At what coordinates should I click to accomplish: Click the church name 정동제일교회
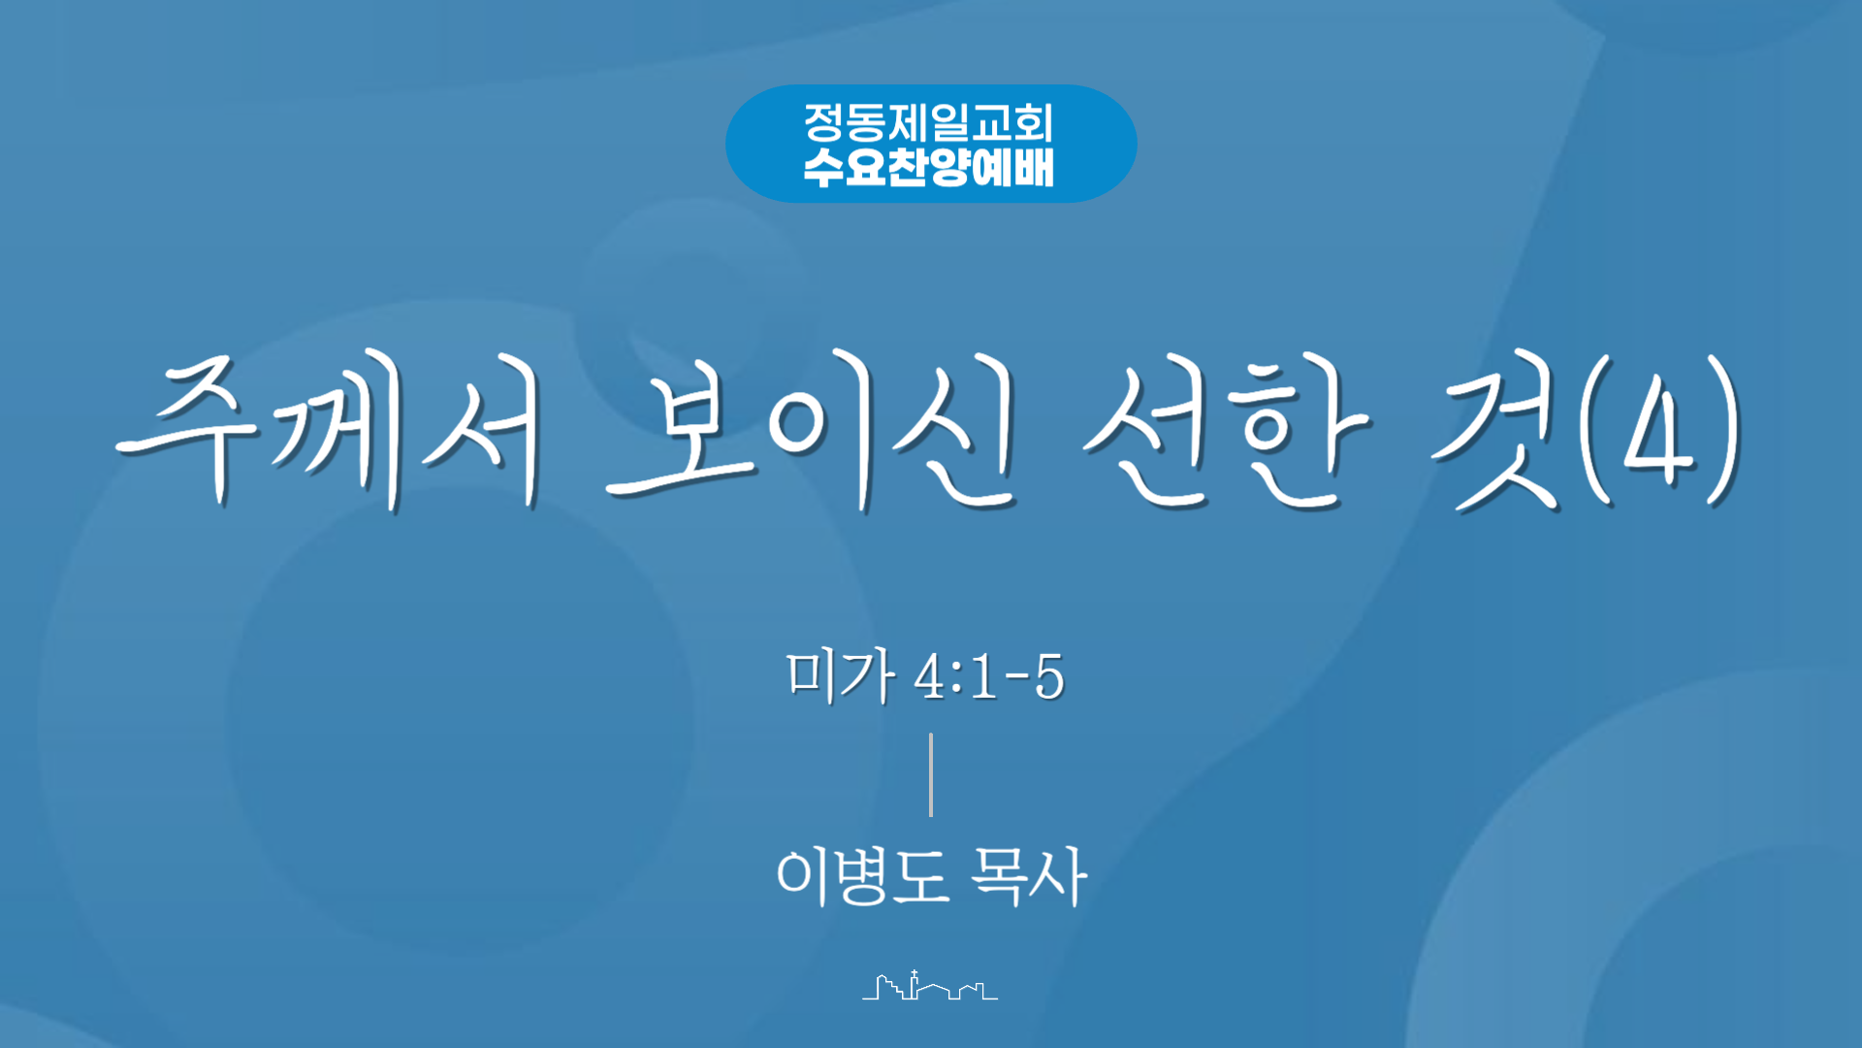(928, 122)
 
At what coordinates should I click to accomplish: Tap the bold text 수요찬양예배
(928, 167)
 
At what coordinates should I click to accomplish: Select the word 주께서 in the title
(330, 432)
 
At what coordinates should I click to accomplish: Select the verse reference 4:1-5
(989, 676)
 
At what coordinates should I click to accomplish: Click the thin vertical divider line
(931, 774)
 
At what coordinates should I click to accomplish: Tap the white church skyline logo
(930, 985)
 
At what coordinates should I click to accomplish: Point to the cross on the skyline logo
(914, 974)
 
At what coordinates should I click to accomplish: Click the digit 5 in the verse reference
(1049, 676)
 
